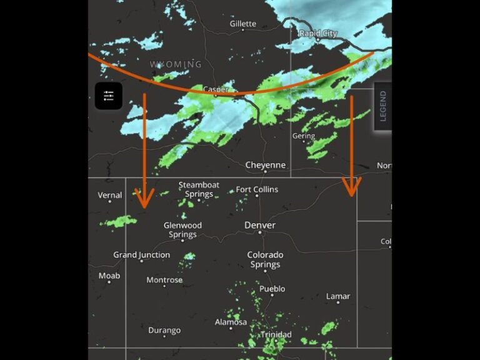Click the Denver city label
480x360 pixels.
(x=259, y=225)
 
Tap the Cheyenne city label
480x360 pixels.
(x=266, y=165)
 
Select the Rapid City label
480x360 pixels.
(x=319, y=33)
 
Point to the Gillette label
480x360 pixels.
(x=242, y=24)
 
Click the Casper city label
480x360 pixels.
(x=216, y=89)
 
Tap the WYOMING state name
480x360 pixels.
(x=176, y=64)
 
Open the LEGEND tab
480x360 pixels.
(x=382, y=106)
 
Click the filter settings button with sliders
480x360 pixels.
(x=109, y=96)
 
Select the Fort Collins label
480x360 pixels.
(x=257, y=189)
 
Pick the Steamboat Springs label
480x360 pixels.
(x=199, y=189)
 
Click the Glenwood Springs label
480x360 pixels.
(x=182, y=229)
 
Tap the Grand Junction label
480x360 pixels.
(x=141, y=255)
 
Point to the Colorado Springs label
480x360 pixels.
(x=265, y=259)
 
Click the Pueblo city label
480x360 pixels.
(x=272, y=289)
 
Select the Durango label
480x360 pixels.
(x=164, y=330)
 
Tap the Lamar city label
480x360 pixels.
(x=338, y=296)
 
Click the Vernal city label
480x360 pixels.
(x=110, y=195)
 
